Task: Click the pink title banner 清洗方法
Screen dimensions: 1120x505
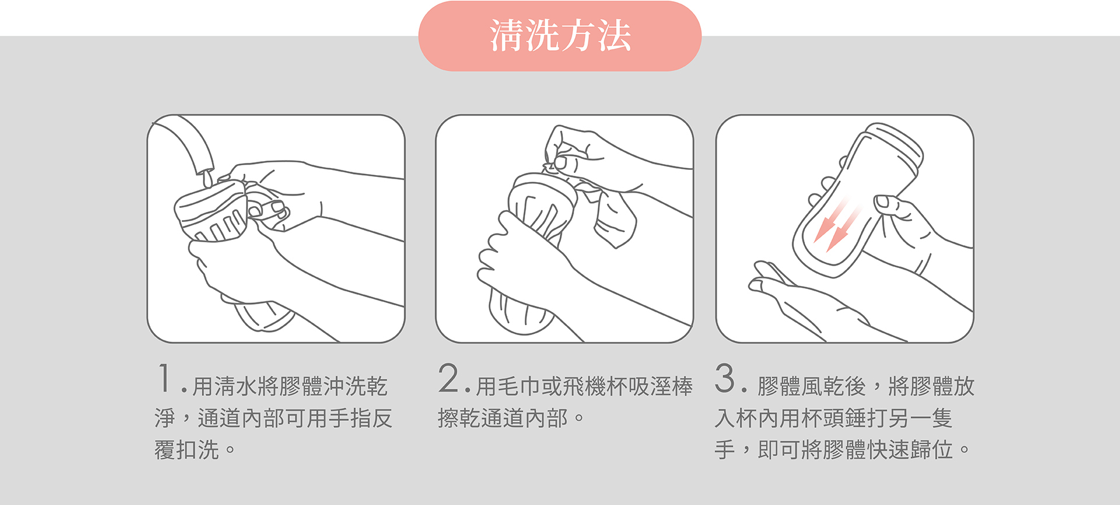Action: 560,36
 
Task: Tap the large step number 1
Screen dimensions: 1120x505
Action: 165,378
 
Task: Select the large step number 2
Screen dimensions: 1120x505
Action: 449,378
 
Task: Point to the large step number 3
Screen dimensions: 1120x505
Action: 725,378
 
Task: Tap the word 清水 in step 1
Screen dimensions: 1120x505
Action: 236,386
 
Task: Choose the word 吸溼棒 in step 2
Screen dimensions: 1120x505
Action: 660,386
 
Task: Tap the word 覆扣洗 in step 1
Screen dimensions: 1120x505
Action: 187,450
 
